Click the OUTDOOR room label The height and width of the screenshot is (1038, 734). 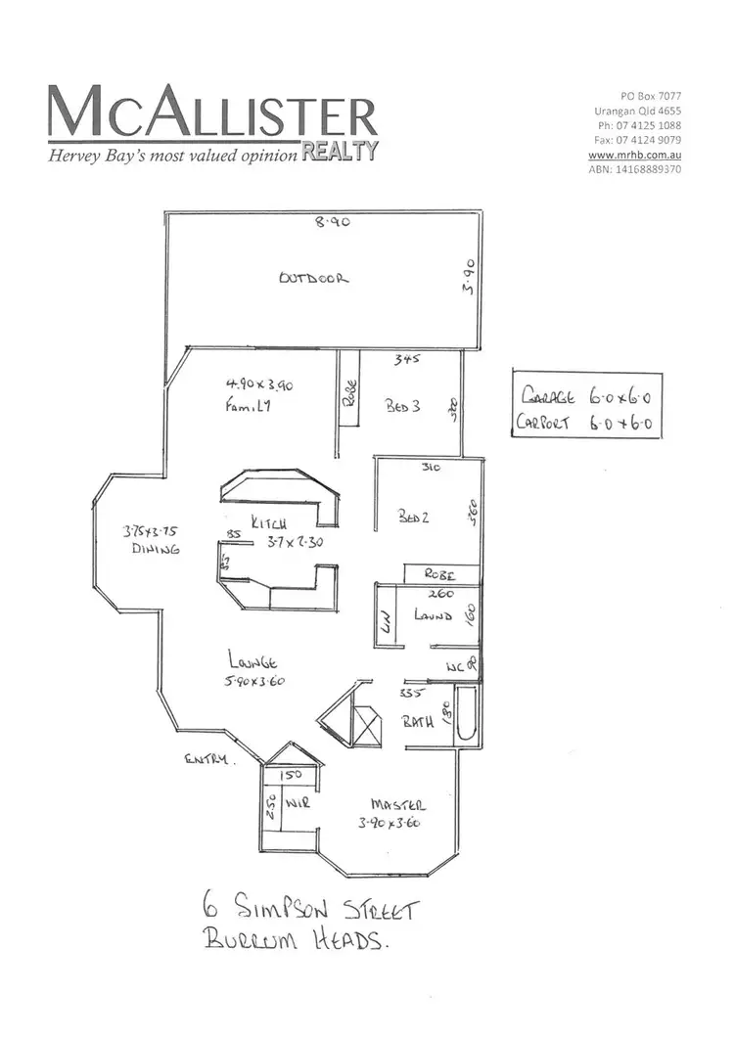tap(313, 278)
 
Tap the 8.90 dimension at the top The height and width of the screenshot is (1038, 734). tap(332, 223)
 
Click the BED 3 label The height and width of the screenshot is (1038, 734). tap(402, 408)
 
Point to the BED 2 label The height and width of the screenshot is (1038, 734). tap(412, 518)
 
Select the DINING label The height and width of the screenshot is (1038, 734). tap(157, 550)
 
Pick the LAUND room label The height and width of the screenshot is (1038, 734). tap(433, 616)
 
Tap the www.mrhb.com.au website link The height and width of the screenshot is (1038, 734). tap(642, 155)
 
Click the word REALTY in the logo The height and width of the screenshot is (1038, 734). tap(339, 150)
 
